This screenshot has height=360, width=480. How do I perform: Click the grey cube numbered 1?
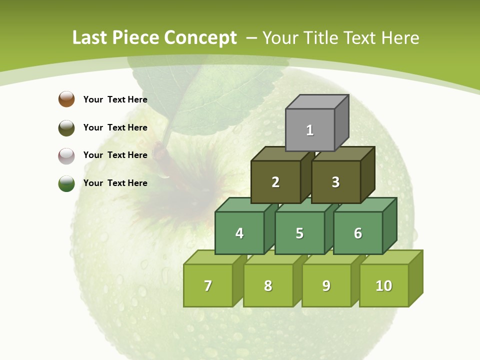tap(310, 130)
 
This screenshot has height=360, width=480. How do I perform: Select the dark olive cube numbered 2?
tap(275, 182)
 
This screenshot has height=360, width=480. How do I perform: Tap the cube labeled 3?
tap(335, 182)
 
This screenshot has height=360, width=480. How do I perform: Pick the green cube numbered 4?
tap(239, 233)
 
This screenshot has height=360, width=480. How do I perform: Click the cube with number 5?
tap(299, 233)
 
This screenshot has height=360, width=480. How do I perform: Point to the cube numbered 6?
tap(358, 233)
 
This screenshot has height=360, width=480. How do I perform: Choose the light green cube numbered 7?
tap(208, 285)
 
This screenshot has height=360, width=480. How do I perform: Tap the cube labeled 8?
tap(268, 285)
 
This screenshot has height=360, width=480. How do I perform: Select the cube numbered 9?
tap(326, 285)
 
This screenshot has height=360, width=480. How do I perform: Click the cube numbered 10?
tap(384, 285)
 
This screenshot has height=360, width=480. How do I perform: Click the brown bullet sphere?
tap(66, 99)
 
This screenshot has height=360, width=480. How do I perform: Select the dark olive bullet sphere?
tap(66, 127)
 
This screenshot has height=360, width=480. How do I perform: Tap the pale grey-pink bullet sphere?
tap(66, 155)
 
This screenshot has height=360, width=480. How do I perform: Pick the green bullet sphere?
tap(66, 183)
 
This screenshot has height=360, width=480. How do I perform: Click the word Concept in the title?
tap(200, 38)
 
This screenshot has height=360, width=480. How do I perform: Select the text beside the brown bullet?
tap(115, 99)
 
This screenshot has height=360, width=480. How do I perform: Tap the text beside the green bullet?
tap(115, 183)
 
